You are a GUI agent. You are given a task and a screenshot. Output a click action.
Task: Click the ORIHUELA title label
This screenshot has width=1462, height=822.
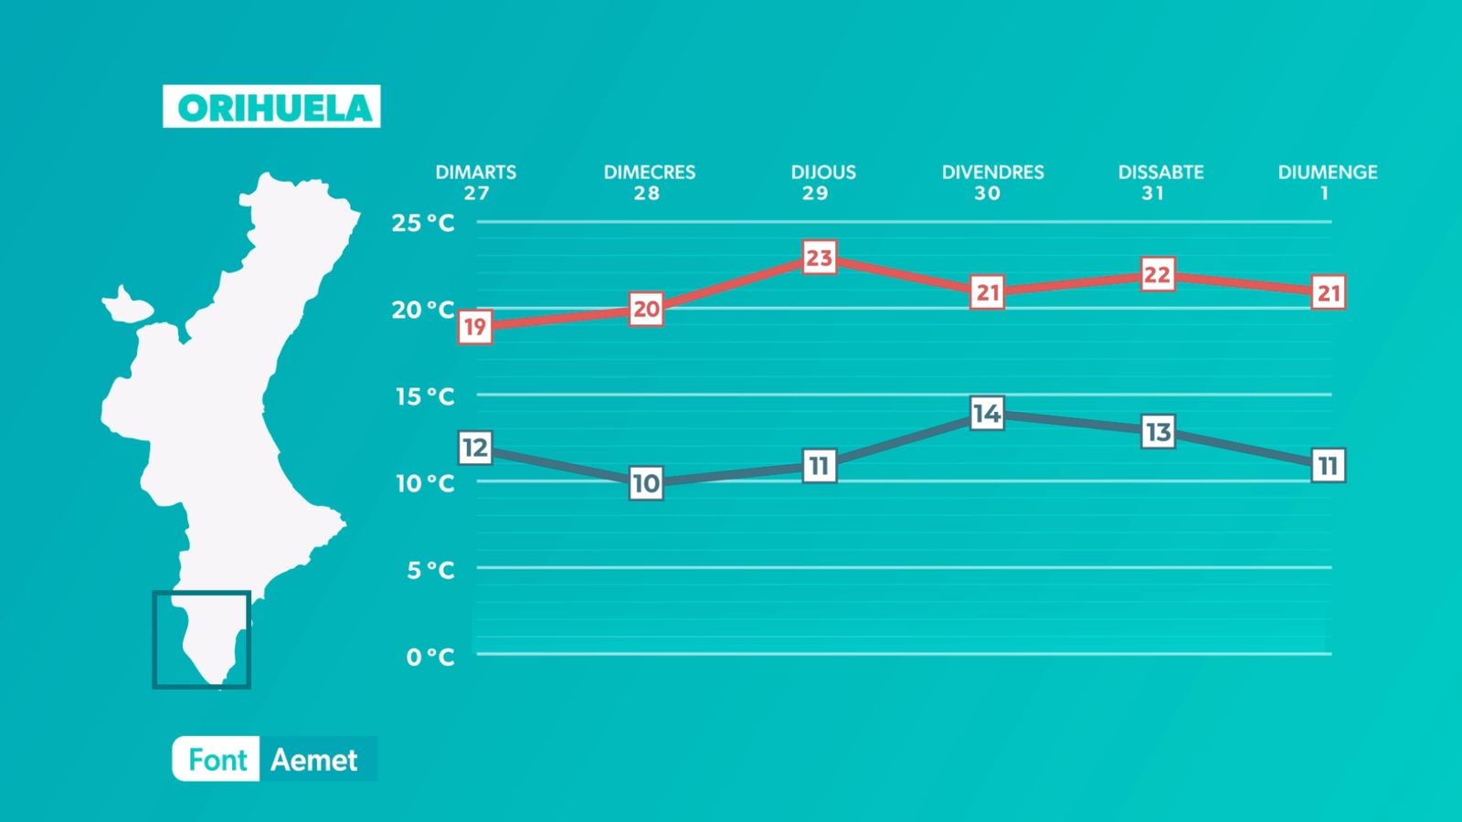pos(271,107)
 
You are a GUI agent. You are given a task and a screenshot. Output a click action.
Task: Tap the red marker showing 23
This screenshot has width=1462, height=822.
pos(819,258)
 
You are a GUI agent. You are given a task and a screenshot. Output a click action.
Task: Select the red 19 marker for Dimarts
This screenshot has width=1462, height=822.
pos(474,327)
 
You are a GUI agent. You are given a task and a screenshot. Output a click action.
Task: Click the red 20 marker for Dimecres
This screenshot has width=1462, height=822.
pos(646,310)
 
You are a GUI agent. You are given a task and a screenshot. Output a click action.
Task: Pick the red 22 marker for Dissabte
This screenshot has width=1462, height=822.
pos(1157,275)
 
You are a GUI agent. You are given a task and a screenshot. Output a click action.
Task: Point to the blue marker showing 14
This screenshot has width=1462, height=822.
pos(987,414)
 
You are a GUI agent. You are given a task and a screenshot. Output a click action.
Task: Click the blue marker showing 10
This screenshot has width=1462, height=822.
pos(646,483)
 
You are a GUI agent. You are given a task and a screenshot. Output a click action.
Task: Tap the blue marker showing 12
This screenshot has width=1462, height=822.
pos(474,448)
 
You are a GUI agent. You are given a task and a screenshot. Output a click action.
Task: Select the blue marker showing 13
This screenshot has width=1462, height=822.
pos(1158,431)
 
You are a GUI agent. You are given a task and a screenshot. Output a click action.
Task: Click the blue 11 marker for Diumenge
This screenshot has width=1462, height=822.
pos(1328,466)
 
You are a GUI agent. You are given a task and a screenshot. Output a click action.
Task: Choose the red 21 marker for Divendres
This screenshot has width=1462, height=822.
pos(987,292)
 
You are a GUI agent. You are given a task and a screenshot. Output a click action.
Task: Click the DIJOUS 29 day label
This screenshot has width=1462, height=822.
pos(822,182)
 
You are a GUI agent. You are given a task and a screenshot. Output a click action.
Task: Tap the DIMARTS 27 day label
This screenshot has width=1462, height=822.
pos(475,182)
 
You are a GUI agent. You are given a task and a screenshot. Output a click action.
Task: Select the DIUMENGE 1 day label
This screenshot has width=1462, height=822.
pos(1327,182)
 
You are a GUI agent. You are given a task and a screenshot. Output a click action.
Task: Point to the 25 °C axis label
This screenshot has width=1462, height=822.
pos(422,223)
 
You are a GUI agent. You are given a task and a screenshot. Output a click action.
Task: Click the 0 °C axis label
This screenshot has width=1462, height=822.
pos(429,657)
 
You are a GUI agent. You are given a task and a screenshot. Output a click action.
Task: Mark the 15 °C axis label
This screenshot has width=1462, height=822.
pos(424,396)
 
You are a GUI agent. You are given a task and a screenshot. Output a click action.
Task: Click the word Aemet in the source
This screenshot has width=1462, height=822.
pos(314,760)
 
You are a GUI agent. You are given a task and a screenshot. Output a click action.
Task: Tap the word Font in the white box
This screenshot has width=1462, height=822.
pos(217,760)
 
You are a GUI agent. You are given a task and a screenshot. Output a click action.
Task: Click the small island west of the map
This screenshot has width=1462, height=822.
pos(126,305)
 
